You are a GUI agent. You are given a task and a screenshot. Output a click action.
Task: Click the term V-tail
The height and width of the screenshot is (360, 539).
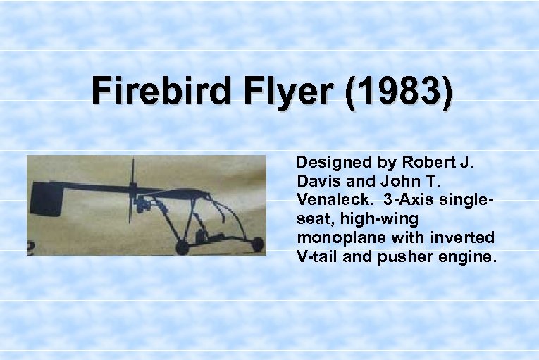click(318, 256)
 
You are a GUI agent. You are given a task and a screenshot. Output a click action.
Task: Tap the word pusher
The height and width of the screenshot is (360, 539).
click(399, 256)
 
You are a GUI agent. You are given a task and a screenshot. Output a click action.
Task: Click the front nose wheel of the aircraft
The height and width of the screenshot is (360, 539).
click(258, 245)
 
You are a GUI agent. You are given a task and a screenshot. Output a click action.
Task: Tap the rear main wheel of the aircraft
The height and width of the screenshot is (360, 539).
click(182, 247)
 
